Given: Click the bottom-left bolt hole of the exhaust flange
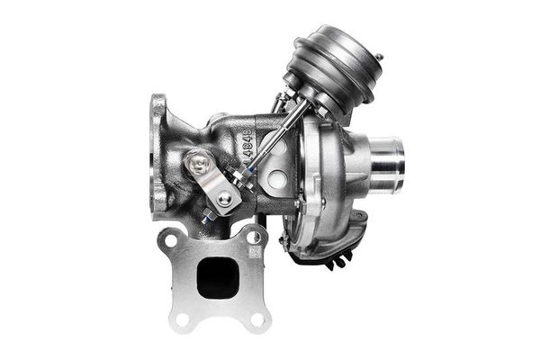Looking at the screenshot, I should click(182, 318).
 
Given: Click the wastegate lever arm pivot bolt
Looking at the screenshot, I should click(200, 165).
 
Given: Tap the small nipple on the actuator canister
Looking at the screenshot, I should click(379, 59).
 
